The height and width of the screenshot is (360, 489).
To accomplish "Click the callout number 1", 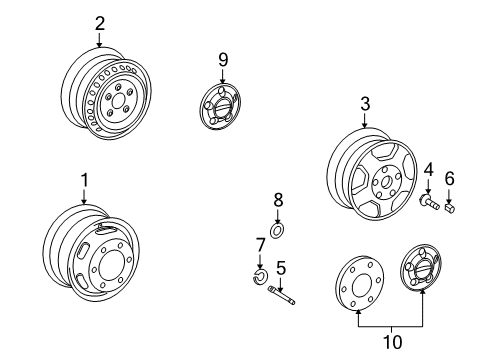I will coord(85,180).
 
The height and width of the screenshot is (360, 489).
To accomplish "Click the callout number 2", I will coord(99,23).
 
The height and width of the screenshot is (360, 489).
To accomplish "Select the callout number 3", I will coord(365,104).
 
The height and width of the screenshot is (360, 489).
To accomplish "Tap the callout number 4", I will coord(428,169).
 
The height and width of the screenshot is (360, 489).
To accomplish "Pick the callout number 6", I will coord(449,177).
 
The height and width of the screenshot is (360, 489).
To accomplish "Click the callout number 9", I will coord(223,59).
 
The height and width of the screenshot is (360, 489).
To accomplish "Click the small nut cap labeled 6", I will coord(451,209).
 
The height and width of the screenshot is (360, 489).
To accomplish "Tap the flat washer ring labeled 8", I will coord(278,230).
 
